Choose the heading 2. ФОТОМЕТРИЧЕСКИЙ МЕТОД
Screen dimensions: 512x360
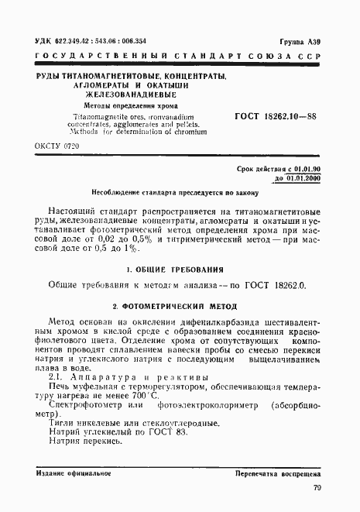(x=178, y=306)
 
